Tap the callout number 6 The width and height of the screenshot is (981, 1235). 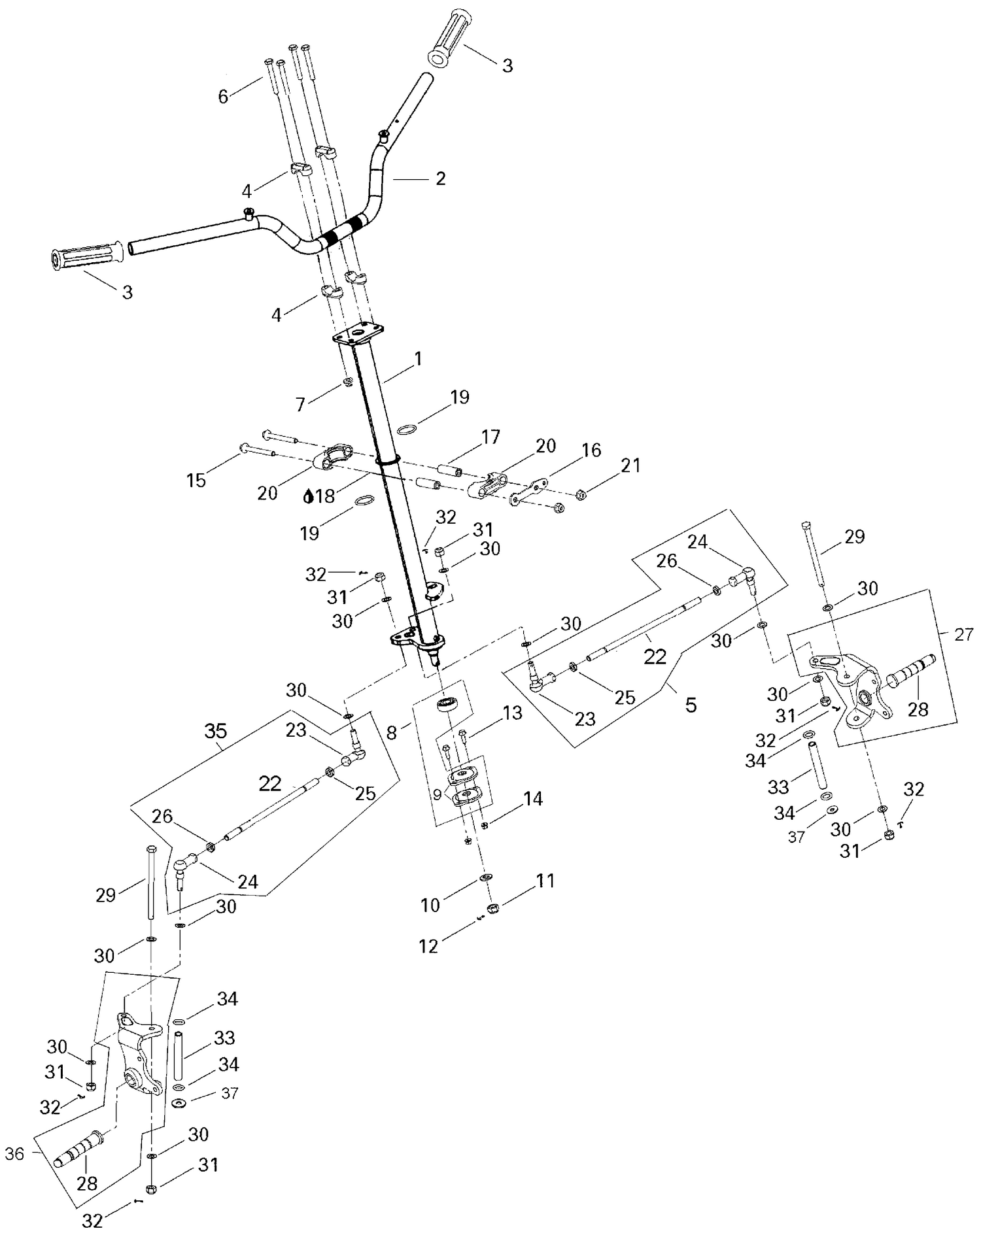coord(223,97)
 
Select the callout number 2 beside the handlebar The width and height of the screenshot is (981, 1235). coord(440,178)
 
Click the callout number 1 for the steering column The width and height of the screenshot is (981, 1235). coord(418,358)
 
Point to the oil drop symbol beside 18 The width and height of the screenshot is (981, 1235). coord(308,496)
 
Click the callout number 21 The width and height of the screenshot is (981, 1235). coord(630,465)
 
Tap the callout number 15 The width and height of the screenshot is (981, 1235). coord(196,481)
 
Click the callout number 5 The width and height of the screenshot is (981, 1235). coord(691,705)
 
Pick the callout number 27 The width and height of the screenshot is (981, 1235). coord(963,634)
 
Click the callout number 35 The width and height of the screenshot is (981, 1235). coord(216,732)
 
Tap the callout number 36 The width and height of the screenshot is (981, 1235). coord(14,1154)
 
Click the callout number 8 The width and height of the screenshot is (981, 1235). coord(391,732)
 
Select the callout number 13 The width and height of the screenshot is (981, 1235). coord(513,713)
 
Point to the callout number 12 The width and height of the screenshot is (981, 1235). coord(428,946)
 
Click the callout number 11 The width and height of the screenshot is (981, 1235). coord(545,881)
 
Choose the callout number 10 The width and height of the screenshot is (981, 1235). coord(430,905)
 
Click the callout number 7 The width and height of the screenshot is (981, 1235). coord(300,405)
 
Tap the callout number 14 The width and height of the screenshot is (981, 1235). coord(533,799)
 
